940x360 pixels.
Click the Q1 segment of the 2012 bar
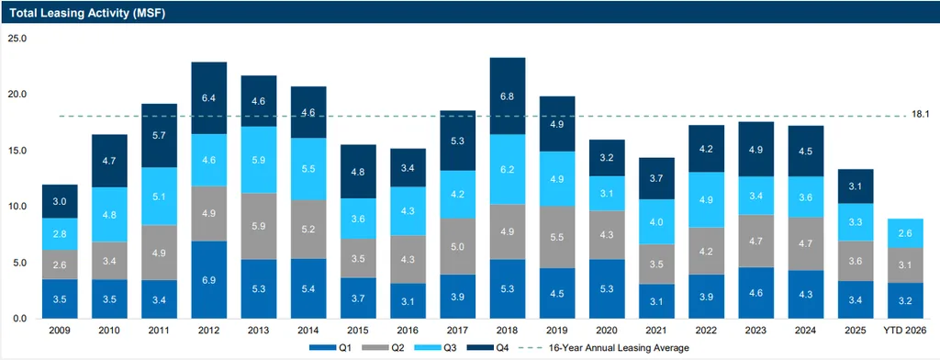point(209,279)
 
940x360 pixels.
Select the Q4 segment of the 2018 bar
point(508,96)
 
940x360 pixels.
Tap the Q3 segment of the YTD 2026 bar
point(905,233)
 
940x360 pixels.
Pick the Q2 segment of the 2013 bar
point(259,226)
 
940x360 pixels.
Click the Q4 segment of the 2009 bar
point(60,202)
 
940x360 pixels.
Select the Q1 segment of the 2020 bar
point(607,289)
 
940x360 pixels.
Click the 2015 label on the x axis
point(359,330)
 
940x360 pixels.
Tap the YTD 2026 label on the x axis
point(905,330)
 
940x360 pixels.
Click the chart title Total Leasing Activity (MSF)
point(87,13)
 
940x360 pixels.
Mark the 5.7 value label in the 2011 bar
point(160,136)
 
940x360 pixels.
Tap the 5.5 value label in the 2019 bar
point(557,237)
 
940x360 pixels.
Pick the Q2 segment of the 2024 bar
point(806,244)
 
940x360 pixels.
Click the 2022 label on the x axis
point(706,330)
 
